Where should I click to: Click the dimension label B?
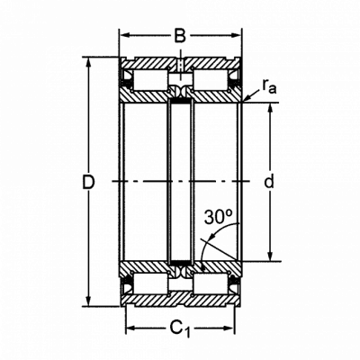pos(180,36)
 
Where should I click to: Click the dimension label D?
pos(88,182)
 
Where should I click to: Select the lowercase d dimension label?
pos(269,181)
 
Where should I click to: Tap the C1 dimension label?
pos(180,328)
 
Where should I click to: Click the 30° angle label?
pos(219,217)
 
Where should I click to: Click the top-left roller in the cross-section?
pos(150,80)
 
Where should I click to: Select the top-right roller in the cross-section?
pos(210,80)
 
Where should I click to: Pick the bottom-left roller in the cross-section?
pos(150,283)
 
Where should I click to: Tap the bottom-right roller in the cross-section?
pos(210,283)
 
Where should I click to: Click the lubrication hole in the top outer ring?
pos(180,66)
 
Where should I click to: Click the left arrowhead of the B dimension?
pos(124,35)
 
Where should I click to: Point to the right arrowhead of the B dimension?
pos(236,35)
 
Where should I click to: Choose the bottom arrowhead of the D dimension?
pos(88,301)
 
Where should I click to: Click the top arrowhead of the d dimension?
pos(270,108)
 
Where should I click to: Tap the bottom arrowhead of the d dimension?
pos(270,256)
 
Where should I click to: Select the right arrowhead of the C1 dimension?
pos(229,328)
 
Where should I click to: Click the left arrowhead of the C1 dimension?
pos(130,328)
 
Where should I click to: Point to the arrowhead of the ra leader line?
pos(247,98)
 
